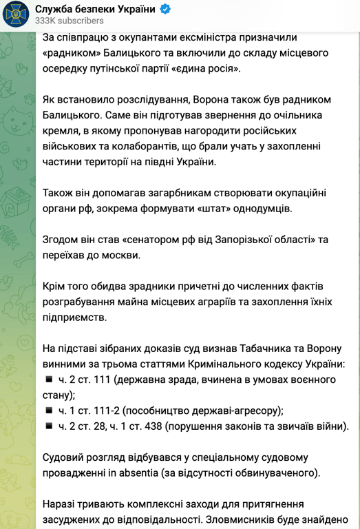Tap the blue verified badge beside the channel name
pos(165,9)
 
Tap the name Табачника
pos(269,349)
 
